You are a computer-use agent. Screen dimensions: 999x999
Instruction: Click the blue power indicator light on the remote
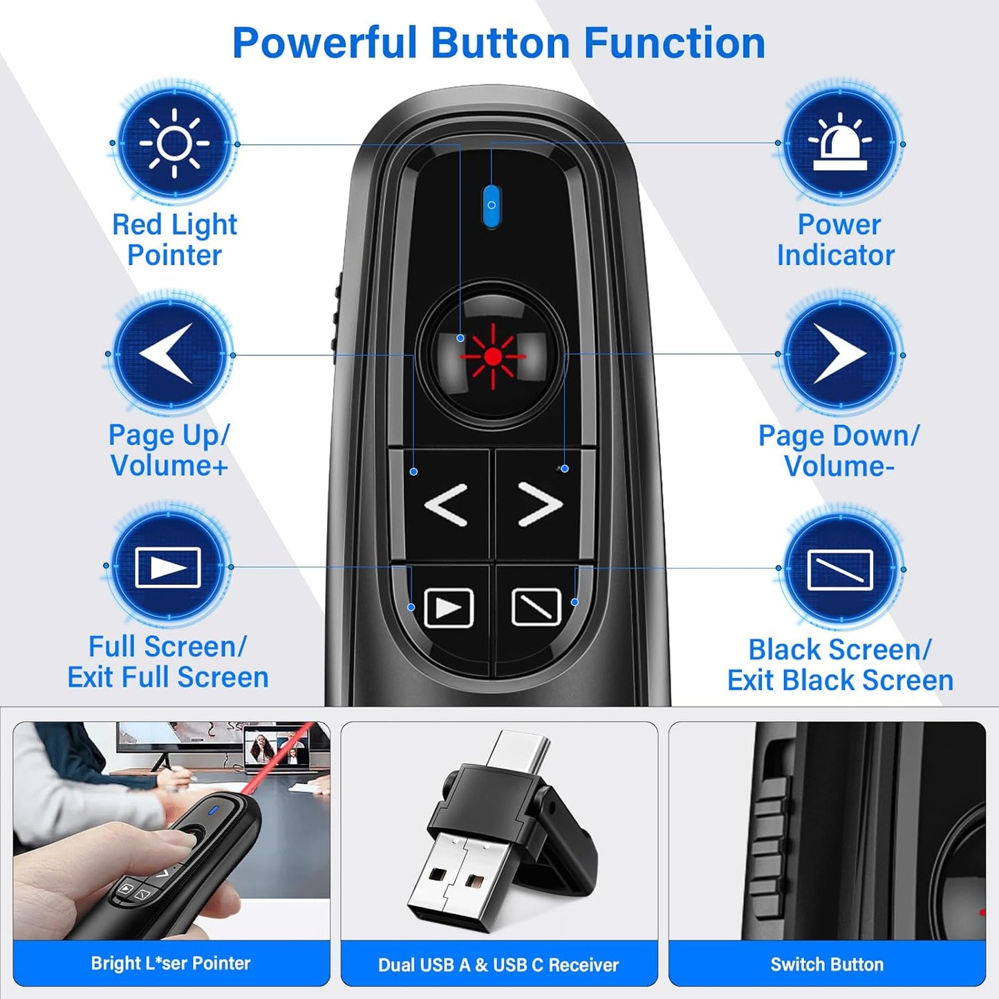tap(491, 205)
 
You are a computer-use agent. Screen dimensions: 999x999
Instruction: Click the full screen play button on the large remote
tap(448, 608)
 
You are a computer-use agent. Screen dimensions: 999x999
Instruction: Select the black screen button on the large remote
tap(536, 607)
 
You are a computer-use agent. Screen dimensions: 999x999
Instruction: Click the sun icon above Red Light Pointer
tap(174, 144)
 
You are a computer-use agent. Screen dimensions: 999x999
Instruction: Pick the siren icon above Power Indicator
tap(840, 144)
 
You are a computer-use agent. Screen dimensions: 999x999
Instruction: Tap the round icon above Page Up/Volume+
tap(169, 354)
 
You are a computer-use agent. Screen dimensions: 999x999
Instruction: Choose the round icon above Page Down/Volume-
tap(840, 354)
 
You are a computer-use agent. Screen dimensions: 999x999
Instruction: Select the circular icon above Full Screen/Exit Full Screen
tap(168, 567)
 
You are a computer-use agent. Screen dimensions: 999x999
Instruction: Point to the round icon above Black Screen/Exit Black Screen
tap(840, 569)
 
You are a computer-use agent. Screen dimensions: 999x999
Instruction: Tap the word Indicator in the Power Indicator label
tap(835, 255)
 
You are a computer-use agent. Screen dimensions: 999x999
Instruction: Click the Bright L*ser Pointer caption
tap(171, 963)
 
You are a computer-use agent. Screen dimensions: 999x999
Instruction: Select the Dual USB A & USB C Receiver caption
tap(498, 964)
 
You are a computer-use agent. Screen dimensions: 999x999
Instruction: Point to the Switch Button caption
tap(827, 964)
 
